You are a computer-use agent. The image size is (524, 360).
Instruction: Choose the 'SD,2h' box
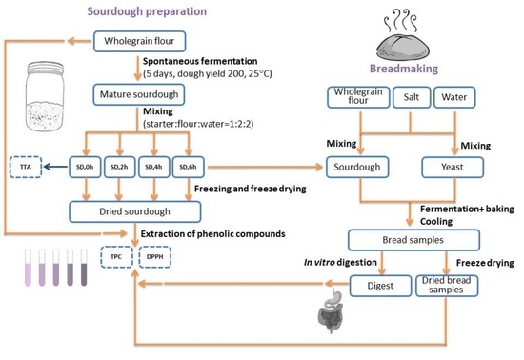[117, 168]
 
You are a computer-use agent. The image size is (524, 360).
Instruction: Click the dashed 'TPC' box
[116, 256]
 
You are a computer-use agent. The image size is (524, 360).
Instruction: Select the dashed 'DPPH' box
[152, 256]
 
